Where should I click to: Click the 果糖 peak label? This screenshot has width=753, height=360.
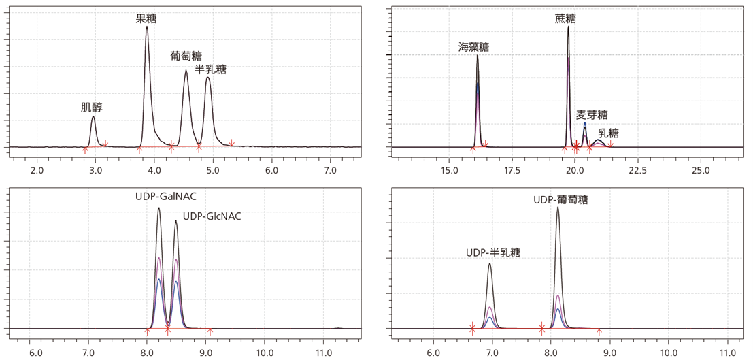click(x=146, y=19)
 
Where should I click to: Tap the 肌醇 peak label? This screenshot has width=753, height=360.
click(x=91, y=107)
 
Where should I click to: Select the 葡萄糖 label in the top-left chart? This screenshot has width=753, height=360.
click(x=186, y=56)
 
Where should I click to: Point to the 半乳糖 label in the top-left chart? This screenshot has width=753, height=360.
click(x=210, y=69)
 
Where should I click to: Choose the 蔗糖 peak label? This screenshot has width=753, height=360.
click(x=565, y=18)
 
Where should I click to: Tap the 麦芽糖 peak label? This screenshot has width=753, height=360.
click(x=592, y=114)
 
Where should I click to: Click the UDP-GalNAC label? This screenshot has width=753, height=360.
click(x=165, y=197)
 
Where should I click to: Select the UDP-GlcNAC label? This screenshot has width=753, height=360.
click(x=212, y=216)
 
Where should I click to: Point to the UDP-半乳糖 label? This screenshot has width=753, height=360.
click(x=493, y=252)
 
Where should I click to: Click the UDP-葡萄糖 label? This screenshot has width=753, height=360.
click(x=560, y=200)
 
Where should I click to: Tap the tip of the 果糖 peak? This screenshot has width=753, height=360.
click(x=146, y=27)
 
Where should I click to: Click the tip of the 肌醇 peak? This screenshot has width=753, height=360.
click(x=93, y=116)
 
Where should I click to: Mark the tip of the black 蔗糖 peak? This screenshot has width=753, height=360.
click(x=568, y=27)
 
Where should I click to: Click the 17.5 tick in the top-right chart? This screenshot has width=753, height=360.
click(x=512, y=168)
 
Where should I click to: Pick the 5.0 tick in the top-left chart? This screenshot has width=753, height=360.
click(x=212, y=168)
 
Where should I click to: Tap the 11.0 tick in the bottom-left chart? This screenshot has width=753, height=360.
click(x=324, y=353)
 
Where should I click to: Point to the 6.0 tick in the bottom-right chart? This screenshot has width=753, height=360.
click(x=433, y=353)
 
